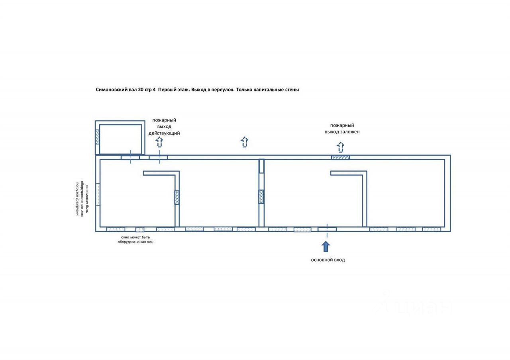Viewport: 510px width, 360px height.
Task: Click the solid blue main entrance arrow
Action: [326, 246]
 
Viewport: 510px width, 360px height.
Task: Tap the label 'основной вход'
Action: [328, 260]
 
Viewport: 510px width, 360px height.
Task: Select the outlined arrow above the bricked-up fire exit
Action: [340, 147]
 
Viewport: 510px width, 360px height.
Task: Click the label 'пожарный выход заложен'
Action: [342, 128]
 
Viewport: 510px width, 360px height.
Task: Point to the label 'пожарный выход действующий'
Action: [164, 127]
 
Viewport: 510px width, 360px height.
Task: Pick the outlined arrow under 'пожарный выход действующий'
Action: [159, 142]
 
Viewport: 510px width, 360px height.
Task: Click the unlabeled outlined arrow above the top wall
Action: [245, 142]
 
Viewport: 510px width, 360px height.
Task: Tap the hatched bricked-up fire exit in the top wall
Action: [340, 157]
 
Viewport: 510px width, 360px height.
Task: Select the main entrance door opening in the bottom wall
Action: [327, 229]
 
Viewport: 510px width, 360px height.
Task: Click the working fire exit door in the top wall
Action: [159, 157]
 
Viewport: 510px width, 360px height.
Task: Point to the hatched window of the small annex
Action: [97, 137]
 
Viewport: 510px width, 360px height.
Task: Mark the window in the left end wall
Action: [98, 194]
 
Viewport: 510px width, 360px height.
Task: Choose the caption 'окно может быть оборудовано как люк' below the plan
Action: [135, 239]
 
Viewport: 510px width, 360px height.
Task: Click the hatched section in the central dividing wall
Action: [261, 197]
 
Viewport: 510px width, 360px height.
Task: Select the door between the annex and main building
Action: [130, 157]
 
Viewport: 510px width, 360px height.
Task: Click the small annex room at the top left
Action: [120, 139]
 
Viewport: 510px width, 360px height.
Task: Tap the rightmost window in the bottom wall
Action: [432, 229]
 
